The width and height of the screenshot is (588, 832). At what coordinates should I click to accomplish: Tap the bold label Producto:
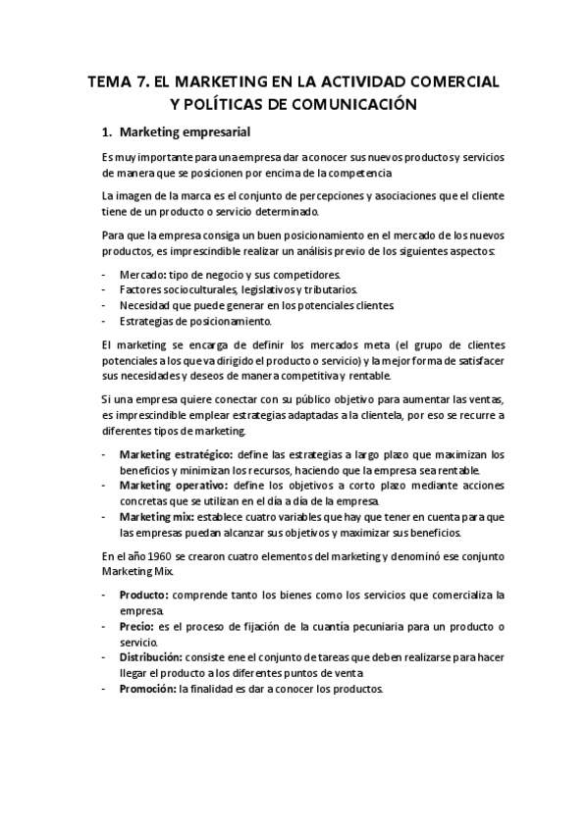coord(143,595)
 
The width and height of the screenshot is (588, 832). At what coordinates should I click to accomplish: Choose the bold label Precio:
coord(136,626)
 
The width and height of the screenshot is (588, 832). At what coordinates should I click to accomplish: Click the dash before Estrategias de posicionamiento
coord(104,321)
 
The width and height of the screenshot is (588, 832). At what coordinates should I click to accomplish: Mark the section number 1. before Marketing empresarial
coord(108,131)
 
